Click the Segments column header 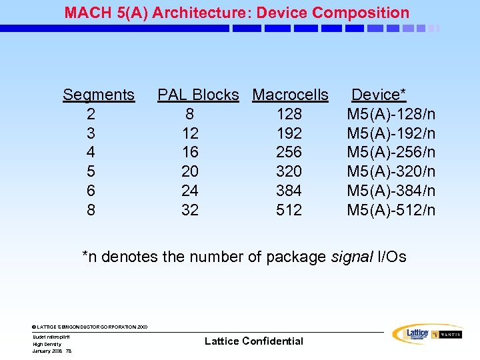99,95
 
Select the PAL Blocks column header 198,95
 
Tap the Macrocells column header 290,95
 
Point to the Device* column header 379,95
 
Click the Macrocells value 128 289,114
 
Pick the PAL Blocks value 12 190,133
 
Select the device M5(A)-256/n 391,153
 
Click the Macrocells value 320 289,172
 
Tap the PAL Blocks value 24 190,191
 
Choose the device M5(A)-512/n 391,211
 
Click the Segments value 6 91,191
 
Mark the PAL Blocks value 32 190,211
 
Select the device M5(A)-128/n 391,114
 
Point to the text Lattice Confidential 253,341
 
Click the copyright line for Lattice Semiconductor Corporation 89,327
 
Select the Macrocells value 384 289,191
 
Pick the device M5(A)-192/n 391,133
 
